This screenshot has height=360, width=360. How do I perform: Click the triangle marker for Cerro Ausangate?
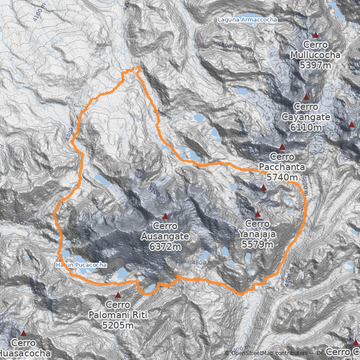click(165, 216)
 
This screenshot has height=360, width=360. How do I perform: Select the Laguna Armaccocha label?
click(247, 20)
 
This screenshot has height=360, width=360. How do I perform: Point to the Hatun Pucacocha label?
click(81, 265)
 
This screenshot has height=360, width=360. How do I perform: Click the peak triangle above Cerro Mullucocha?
click(315, 35)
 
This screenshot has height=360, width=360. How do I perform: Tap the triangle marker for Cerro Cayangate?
click(306, 97)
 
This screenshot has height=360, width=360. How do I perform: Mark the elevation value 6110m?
click(306, 127)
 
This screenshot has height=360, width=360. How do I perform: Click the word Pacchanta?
click(282, 167)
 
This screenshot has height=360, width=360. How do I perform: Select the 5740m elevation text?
click(282, 177)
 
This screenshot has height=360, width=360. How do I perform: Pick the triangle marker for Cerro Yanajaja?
click(257, 214)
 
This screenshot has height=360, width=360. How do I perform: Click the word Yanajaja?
click(257, 234)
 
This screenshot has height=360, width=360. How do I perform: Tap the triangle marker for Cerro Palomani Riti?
click(118, 295)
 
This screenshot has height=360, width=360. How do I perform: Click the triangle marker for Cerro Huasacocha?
click(23, 333)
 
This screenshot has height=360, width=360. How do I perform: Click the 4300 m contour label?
click(22, 221)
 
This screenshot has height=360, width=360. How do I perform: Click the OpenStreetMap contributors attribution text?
click(270, 353)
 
